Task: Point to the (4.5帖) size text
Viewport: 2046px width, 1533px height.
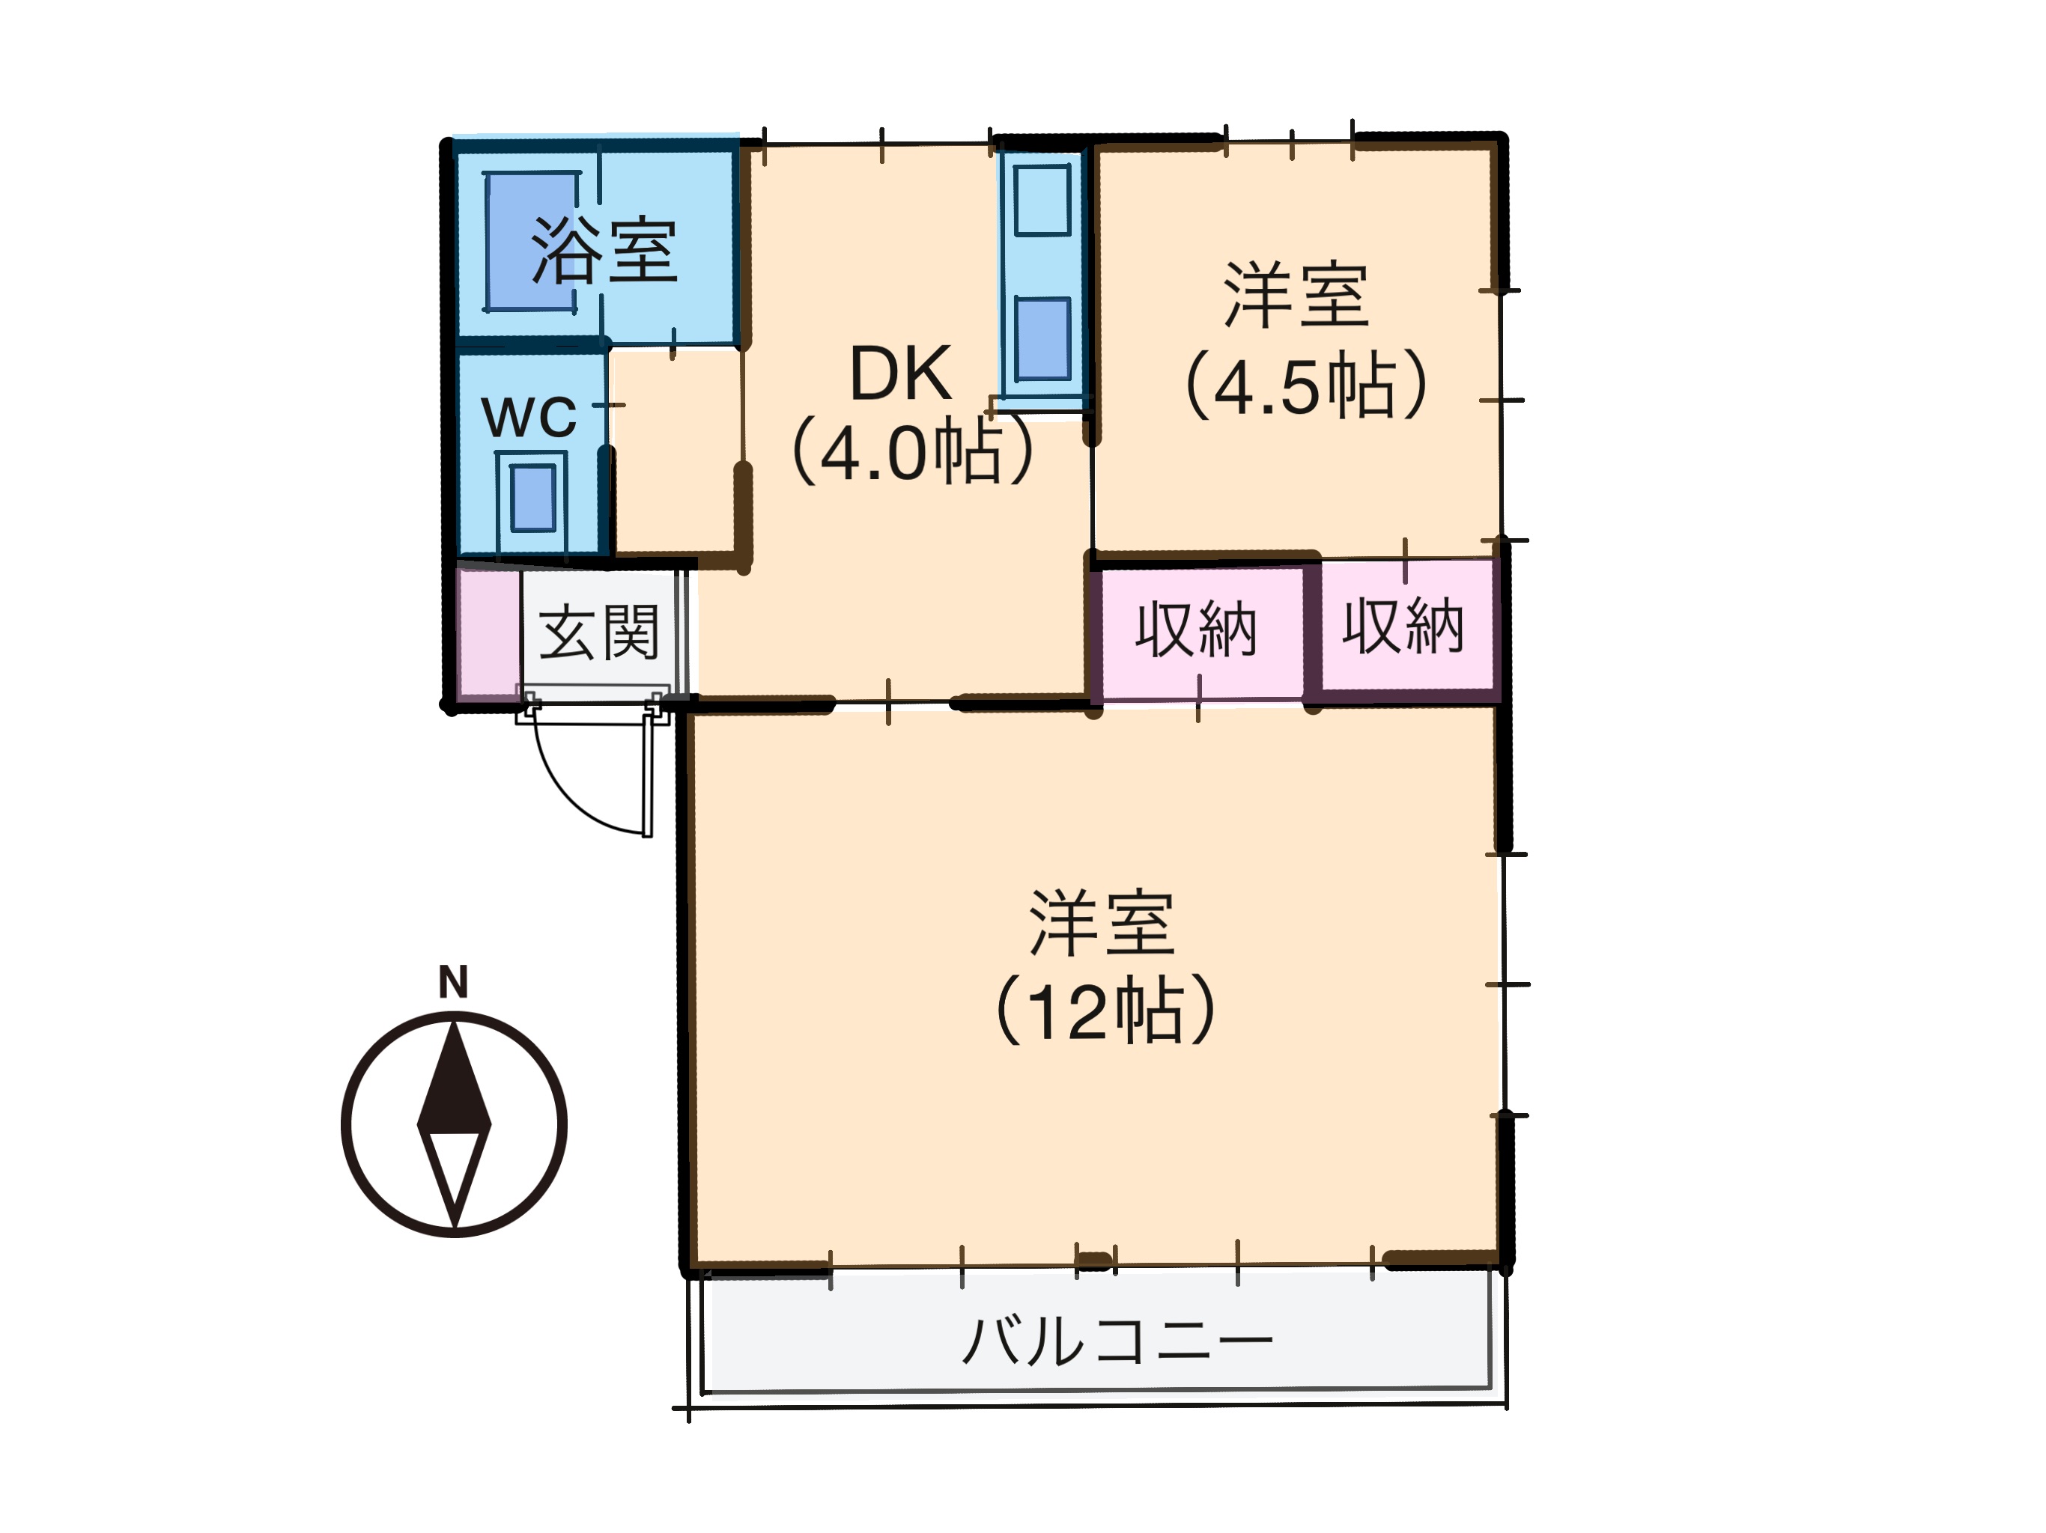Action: click(1305, 385)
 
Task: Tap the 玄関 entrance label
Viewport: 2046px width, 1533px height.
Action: click(599, 633)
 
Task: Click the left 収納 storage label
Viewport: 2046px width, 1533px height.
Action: click(1196, 630)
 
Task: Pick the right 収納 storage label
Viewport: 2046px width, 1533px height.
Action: click(1403, 627)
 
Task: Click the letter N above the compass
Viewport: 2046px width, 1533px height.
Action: click(453, 982)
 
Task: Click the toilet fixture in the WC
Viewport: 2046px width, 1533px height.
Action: click(532, 499)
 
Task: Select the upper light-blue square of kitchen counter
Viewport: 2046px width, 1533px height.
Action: click(1042, 199)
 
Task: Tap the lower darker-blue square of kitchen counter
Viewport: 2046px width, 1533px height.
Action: click(1042, 338)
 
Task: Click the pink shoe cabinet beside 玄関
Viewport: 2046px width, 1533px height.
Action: click(488, 633)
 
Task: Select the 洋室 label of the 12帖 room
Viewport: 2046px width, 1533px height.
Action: click(1102, 923)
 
